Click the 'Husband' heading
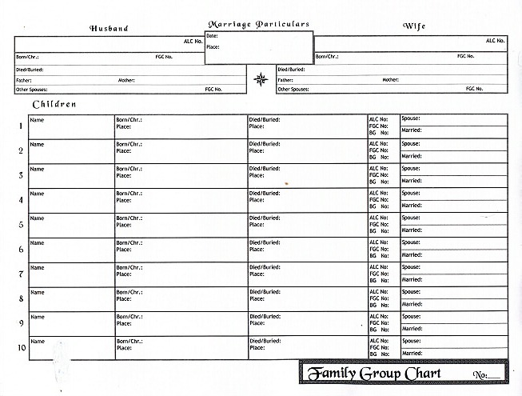pyautogui.click(x=109, y=28)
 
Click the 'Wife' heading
pyautogui.click(x=414, y=26)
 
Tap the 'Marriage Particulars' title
pyautogui.click(x=258, y=24)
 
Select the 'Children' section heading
pyautogui.click(x=54, y=105)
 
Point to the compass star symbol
pyautogui.click(x=261, y=78)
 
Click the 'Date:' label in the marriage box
pyautogui.click(x=212, y=37)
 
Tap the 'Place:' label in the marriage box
pyautogui.click(x=213, y=47)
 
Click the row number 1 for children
pyautogui.click(x=21, y=126)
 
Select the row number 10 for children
pyautogui.click(x=21, y=348)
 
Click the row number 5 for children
pyautogui.click(x=21, y=225)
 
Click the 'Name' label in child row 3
pyautogui.click(x=37, y=169)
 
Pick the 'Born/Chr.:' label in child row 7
pyautogui.click(x=129, y=267)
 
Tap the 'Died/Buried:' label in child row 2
pyautogui.click(x=265, y=144)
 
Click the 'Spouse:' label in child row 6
pyautogui.click(x=411, y=242)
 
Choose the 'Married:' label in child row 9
pyautogui.click(x=412, y=329)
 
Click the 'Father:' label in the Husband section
pyautogui.click(x=24, y=80)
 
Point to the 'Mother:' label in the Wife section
pyautogui.click(x=390, y=80)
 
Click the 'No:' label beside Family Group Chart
pyautogui.click(x=480, y=375)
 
